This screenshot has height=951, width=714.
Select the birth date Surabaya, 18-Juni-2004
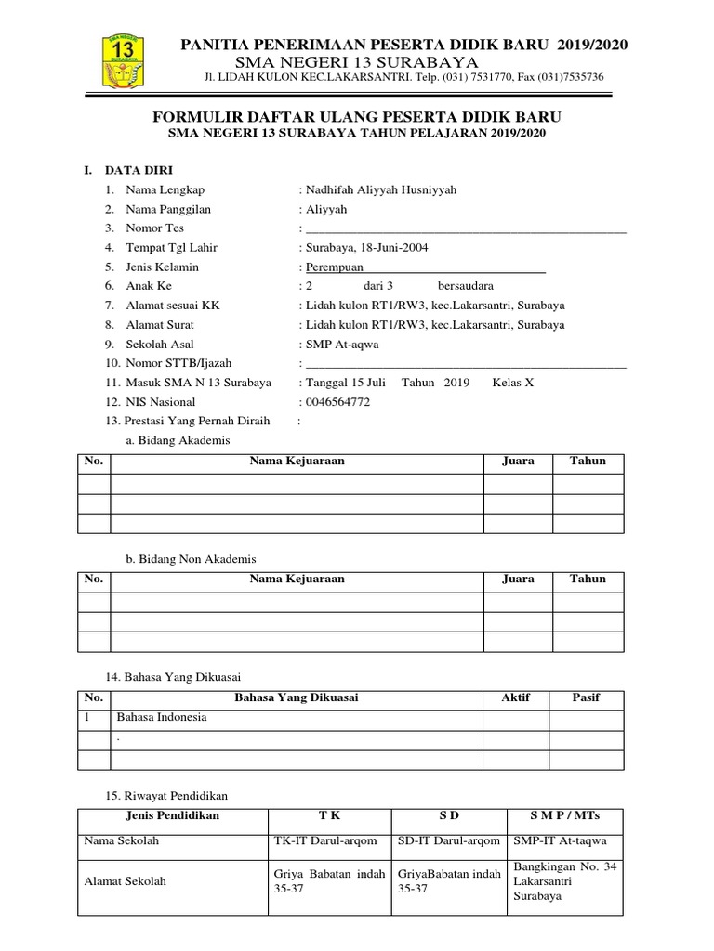(366, 247)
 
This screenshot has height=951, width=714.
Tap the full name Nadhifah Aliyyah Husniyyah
(380, 189)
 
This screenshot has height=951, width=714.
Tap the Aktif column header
(515, 697)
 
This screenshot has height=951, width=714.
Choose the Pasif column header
(586, 697)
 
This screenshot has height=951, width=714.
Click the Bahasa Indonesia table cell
(162, 717)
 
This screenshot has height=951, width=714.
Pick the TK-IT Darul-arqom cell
(325, 840)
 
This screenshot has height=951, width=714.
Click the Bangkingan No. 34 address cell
(564, 881)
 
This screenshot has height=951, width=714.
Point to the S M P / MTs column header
(564, 815)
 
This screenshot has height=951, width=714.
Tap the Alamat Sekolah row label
(126, 881)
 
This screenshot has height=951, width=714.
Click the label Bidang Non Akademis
(190, 558)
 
